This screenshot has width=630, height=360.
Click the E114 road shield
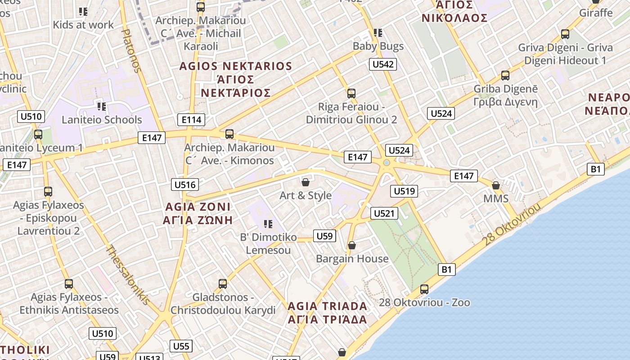pyautogui.click(x=192, y=119)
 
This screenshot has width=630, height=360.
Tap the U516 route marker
pyautogui.click(x=185, y=184)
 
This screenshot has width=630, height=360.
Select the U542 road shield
pyautogui.click(x=383, y=64)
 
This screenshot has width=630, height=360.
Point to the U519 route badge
pyautogui.click(x=405, y=191)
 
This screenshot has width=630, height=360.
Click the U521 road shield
pyautogui.click(x=384, y=213)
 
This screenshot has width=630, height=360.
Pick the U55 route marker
pyautogui.click(x=181, y=346)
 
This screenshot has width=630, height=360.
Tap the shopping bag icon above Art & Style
pyautogui.click(x=306, y=182)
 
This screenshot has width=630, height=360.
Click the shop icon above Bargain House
pyautogui.click(x=352, y=245)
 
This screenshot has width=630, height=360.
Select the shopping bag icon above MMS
pyautogui.click(x=496, y=185)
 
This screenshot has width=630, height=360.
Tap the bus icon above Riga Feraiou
pyautogui.click(x=351, y=94)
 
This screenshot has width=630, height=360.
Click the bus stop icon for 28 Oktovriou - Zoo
pyautogui.click(x=424, y=289)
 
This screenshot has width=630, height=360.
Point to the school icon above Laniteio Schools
pyautogui.click(x=102, y=107)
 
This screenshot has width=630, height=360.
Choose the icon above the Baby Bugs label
pyautogui.click(x=378, y=33)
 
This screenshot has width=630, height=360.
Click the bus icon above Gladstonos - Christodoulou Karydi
pyautogui.click(x=223, y=284)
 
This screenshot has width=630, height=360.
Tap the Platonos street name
pyautogui.click(x=132, y=50)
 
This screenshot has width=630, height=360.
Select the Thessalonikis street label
pyautogui.click(x=128, y=274)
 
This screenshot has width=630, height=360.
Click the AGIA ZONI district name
pyautogui.click(x=198, y=207)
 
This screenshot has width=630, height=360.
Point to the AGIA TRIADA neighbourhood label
pyautogui.click(x=327, y=306)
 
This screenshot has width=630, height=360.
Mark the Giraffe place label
pyautogui.click(x=596, y=13)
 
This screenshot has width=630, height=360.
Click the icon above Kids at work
pyautogui.click(x=83, y=12)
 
